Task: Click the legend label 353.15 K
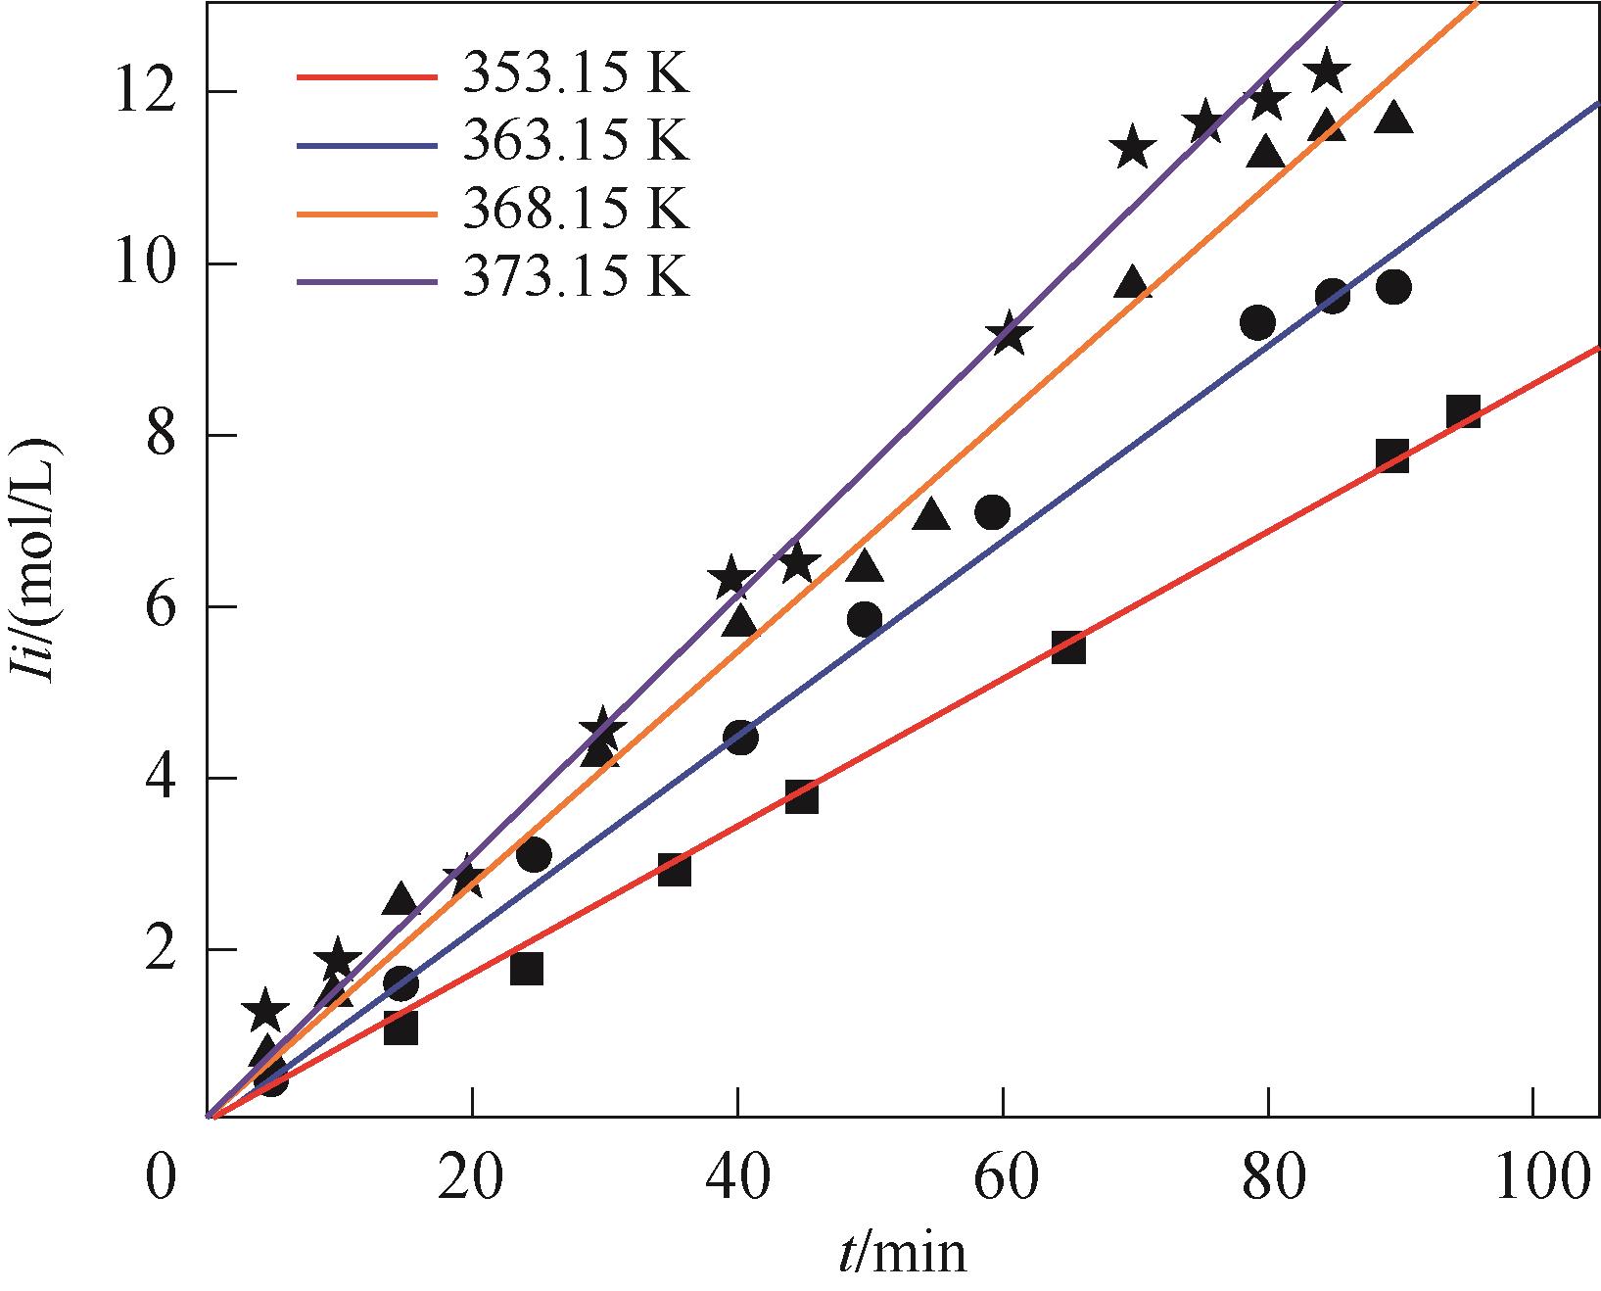577,74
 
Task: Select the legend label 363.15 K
577,143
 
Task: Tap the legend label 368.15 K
577,211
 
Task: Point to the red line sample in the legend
364,76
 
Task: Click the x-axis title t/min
902,1253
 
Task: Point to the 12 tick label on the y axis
146,92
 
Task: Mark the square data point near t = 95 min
1463,412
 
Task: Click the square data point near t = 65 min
1068,647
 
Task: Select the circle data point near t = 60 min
993,512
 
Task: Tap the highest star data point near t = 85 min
1328,71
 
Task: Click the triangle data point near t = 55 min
931,515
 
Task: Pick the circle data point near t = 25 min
533,855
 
